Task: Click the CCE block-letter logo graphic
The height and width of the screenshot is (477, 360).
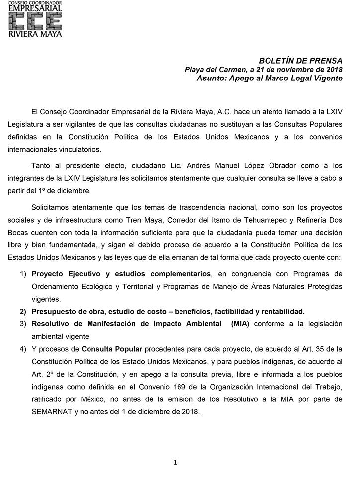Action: pos(35,21)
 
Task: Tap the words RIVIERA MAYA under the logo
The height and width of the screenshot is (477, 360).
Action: pos(35,35)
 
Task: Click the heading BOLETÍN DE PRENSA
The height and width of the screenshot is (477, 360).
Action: pos(300,61)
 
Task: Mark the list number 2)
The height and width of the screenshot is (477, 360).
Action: pos(23,311)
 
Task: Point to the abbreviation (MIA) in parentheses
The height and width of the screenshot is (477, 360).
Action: pos(238,323)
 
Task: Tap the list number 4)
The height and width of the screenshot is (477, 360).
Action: pos(23,348)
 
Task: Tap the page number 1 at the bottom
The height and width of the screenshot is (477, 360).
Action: pos(175,462)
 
